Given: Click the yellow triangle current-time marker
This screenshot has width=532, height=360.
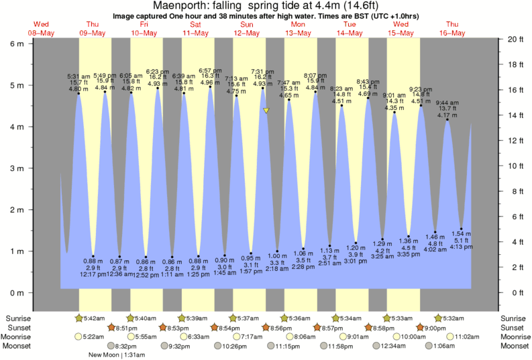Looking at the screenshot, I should (266, 111).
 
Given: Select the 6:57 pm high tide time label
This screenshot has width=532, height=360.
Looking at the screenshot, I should (211, 70).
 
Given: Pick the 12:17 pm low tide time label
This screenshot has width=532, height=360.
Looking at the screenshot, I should (93, 274).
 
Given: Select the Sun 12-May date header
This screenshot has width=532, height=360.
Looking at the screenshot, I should (247, 29).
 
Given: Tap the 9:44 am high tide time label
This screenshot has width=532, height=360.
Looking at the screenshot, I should (447, 103).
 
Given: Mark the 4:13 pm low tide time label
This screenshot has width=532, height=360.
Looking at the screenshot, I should (462, 247).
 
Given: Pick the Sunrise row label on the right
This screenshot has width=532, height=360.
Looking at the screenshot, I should (513, 318).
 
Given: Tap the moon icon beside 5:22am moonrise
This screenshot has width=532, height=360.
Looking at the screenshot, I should (79, 337).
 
